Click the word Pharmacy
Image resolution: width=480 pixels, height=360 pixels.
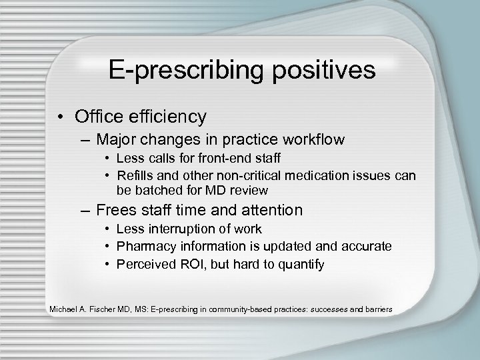click(x=142, y=246)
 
